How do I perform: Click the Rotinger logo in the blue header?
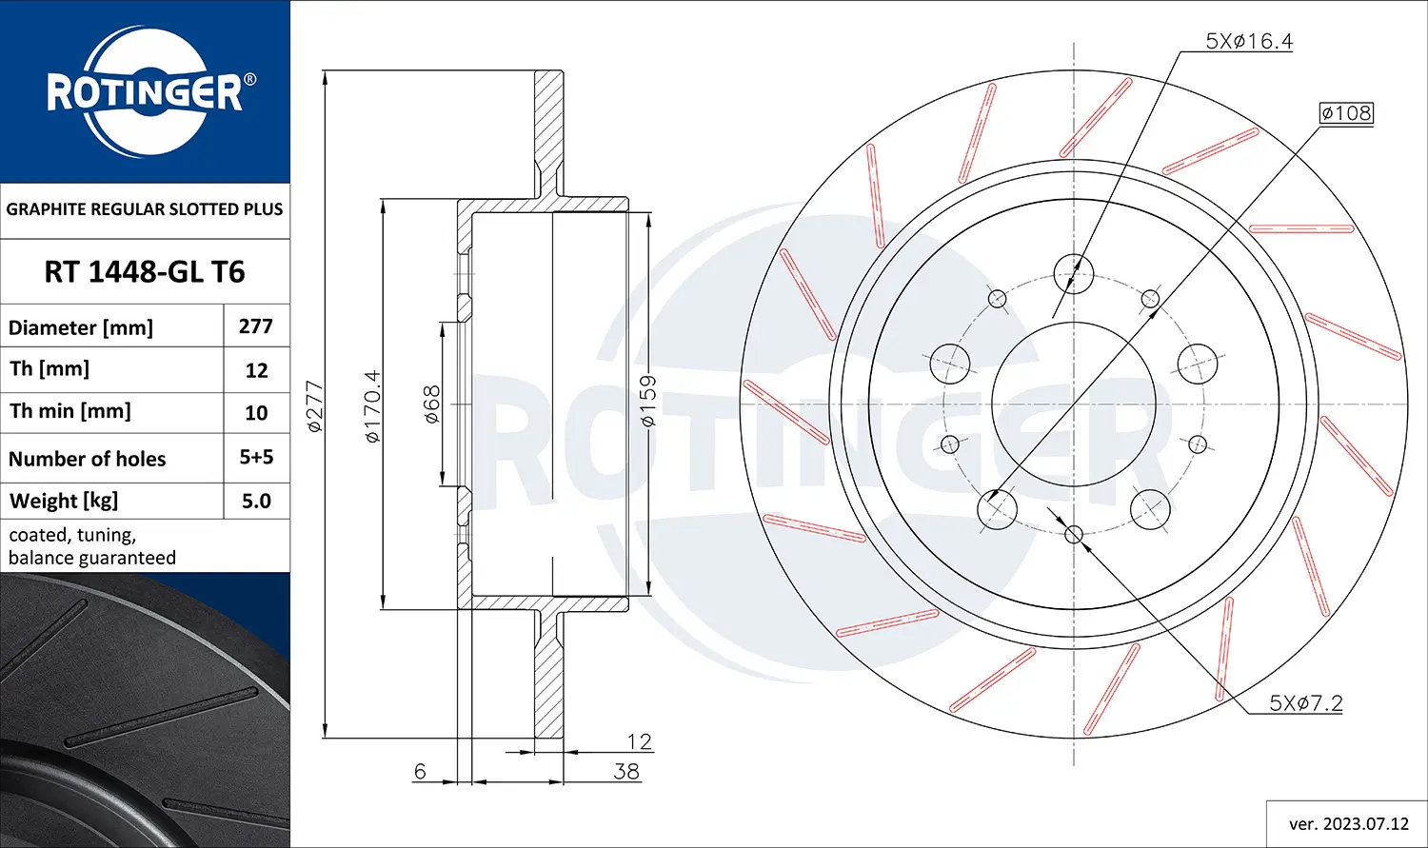point(145,92)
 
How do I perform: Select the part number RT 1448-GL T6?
point(145,272)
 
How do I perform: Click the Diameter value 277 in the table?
point(256,326)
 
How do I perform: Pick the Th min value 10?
point(256,413)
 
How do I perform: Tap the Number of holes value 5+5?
point(256,458)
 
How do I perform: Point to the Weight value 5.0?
point(256,502)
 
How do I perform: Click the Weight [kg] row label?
point(64,502)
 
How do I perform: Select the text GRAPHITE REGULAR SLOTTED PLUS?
point(145,209)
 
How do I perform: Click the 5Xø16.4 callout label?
point(1249,41)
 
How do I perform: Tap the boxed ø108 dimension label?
point(1346,113)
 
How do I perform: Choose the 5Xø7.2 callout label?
point(1305,703)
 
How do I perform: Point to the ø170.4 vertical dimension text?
point(372,406)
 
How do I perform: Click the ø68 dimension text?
point(431,404)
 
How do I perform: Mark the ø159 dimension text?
point(647,401)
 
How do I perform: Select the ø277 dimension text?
point(315,406)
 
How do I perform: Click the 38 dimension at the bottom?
point(625,771)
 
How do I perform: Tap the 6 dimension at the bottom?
point(420,771)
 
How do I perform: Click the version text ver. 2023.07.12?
point(1348,824)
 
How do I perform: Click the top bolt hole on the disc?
point(1074,274)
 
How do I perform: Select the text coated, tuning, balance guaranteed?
point(92,546)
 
